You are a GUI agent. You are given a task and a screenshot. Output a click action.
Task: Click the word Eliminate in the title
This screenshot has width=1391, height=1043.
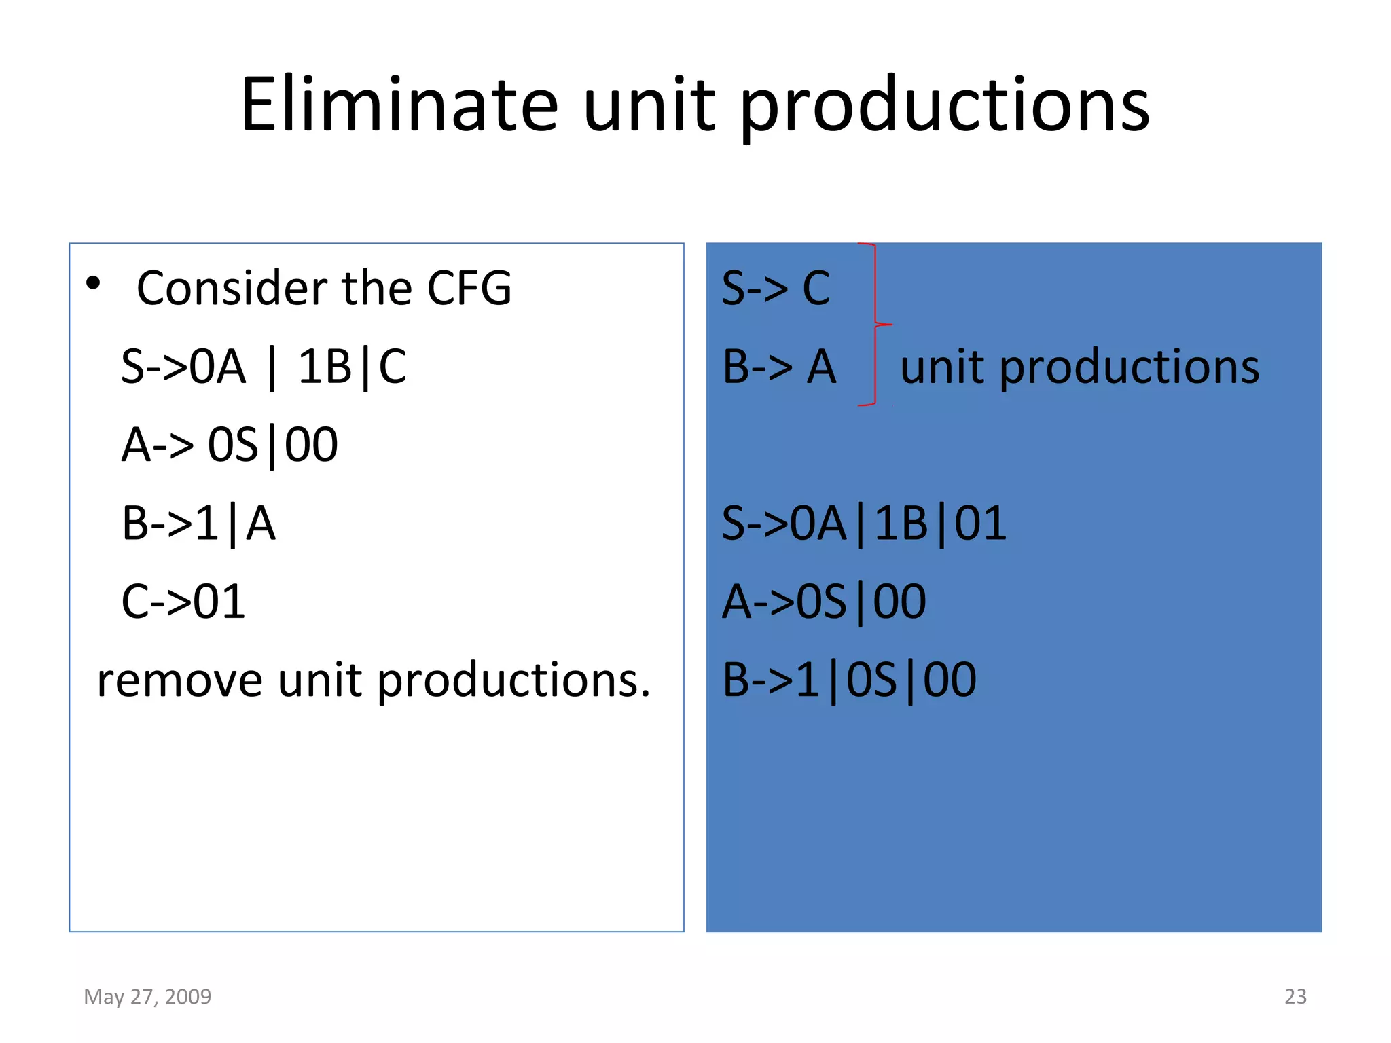point(399,105)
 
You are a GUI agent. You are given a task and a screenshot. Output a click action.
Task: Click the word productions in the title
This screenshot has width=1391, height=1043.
point(944,107)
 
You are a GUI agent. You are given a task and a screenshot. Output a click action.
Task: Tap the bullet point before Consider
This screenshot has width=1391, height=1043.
point(94,283)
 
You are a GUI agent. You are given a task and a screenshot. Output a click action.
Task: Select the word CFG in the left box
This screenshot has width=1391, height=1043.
point(469,288)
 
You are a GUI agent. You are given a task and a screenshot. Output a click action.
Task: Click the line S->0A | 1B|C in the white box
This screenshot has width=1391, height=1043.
point(264,367)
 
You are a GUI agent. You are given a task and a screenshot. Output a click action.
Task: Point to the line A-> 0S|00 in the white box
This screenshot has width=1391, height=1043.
point(230,445)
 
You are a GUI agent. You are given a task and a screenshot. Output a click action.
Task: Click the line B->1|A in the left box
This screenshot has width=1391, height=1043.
point(198,524)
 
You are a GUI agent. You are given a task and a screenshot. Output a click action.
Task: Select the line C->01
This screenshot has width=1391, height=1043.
point(183,602)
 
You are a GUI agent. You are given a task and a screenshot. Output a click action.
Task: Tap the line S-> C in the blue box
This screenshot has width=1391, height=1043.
point(775,288)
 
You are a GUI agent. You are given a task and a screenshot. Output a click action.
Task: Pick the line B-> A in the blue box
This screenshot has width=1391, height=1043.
point(778,367)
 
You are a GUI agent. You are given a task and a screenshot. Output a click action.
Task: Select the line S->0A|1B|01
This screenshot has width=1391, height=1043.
point(863,524)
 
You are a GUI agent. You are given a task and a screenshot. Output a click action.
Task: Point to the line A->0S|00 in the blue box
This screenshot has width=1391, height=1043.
point(823,602)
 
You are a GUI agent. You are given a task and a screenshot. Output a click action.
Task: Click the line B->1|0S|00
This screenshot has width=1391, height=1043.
point(848,680)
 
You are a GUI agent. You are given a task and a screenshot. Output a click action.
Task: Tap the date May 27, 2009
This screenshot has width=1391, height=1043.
point(147,996)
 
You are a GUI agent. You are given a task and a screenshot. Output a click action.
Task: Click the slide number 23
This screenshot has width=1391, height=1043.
point(1295,996)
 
